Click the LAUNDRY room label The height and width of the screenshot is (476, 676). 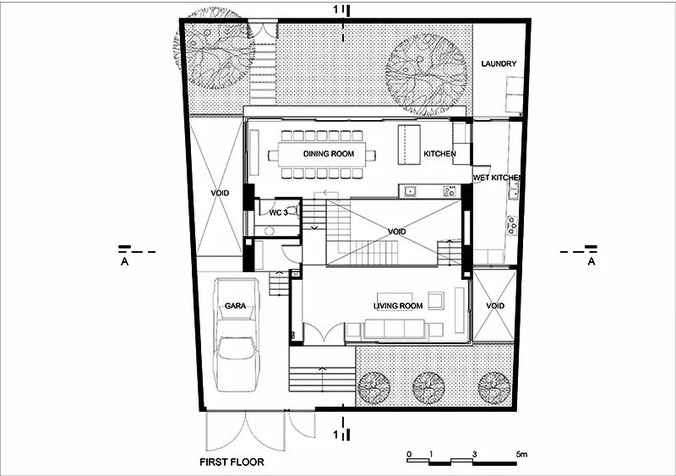click(499, 64)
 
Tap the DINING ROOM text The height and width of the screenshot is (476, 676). click(329, 154)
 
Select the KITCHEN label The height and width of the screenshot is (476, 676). click(439, 154)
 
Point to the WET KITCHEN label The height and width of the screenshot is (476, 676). click(497, 178)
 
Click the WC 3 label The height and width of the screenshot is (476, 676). click(278, 212)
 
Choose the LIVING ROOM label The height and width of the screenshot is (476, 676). click(398, 306)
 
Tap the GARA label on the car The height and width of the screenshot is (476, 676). click(236, 306)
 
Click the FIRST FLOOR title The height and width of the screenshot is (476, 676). click(232, 462)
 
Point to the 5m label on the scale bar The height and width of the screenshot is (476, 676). click(521, 454)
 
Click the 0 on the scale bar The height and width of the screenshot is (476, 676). click(409, 454)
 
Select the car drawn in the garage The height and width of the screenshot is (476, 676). click(237, 335)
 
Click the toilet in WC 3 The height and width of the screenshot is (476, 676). click(293, 211)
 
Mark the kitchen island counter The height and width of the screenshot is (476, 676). click(409, 145)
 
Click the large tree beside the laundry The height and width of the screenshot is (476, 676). click(426, 75)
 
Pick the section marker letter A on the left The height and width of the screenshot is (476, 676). click(124, 261)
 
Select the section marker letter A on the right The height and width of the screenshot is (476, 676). click(591, 261)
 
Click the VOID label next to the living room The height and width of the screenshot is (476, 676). click(495, 306)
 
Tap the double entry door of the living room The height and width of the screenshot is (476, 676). click(324, 334)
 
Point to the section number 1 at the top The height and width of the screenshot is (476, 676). click(336, 9)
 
